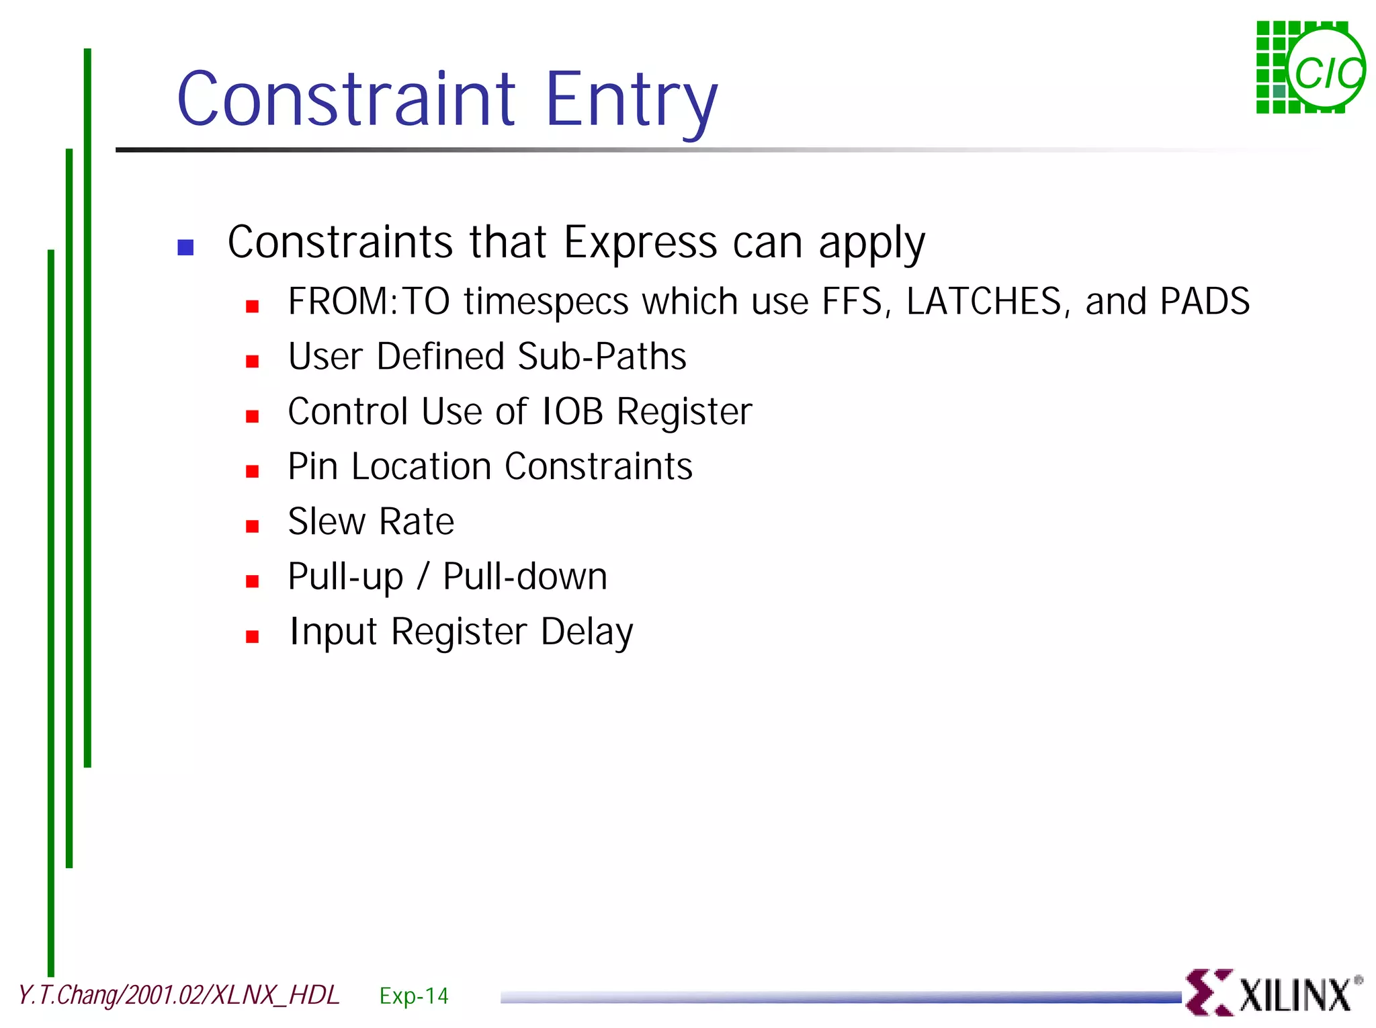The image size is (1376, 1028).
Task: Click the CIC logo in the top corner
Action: [x=1310, y=68]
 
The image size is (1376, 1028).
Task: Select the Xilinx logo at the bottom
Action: [x=1273, y=992]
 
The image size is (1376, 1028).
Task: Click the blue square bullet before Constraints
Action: [x=185, y=247]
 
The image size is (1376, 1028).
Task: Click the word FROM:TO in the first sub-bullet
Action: [x=368, y=302]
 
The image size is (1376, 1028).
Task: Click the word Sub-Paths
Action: [x=602, y=356]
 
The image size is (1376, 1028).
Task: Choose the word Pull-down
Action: [x=525, y=576]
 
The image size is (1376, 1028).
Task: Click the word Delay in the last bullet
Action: [x=587, y=632]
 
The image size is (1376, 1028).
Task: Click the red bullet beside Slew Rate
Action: [x=253, y=526]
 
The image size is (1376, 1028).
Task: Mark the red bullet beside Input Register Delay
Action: [x=253, y=636]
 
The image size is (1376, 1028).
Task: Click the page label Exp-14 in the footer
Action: [x=413, y=995]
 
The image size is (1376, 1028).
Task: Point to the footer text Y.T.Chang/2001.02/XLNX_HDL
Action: [x=179, y=995]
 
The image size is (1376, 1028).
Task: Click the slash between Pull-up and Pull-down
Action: [x=423, y=576]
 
